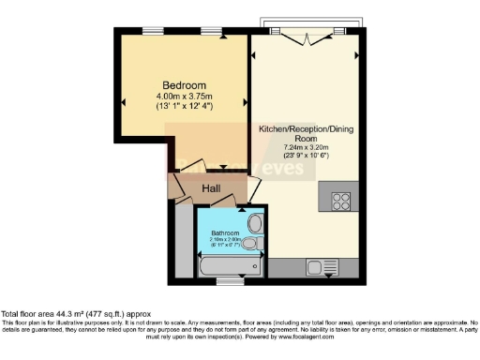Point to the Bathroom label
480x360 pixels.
coord(225,232)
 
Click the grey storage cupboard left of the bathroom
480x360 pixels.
coord(180,239)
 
